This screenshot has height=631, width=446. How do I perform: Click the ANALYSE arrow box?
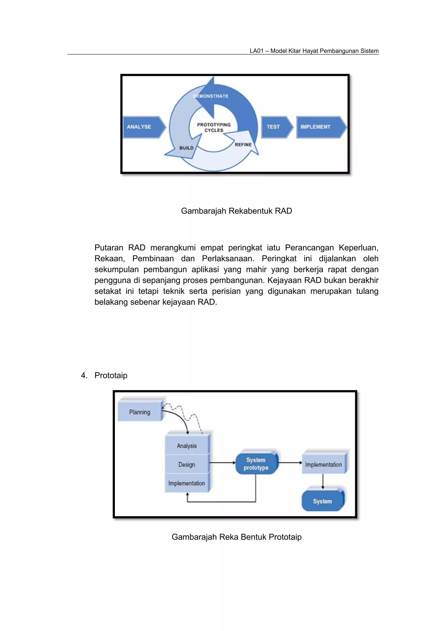(x=143, y=127)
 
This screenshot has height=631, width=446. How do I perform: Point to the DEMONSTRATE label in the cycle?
(x=211, y=96)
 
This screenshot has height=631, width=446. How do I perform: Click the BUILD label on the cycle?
(x=187, y=148)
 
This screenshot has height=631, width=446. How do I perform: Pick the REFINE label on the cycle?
(x=243, y=145)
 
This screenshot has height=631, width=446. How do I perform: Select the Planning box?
(x=140, y=412)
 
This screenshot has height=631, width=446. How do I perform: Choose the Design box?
(x=187, y=464)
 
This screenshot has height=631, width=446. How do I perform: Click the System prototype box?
(x=256, y=464)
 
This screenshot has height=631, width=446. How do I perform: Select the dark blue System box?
(x=323, y=501)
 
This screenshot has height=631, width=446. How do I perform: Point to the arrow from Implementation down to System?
(x=323, y=481)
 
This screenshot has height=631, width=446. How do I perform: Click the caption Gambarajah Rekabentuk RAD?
(x=236, y=211)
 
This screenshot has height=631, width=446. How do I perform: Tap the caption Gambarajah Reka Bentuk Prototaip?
(x=236, y=537)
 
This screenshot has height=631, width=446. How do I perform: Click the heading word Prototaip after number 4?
(x=111, y=375)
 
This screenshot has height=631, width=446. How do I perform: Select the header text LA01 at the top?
(x=256, y=51)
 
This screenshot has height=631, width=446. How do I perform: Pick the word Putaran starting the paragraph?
(x=108, y=248)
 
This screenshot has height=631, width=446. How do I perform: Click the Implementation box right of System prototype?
(x=323, y=464)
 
